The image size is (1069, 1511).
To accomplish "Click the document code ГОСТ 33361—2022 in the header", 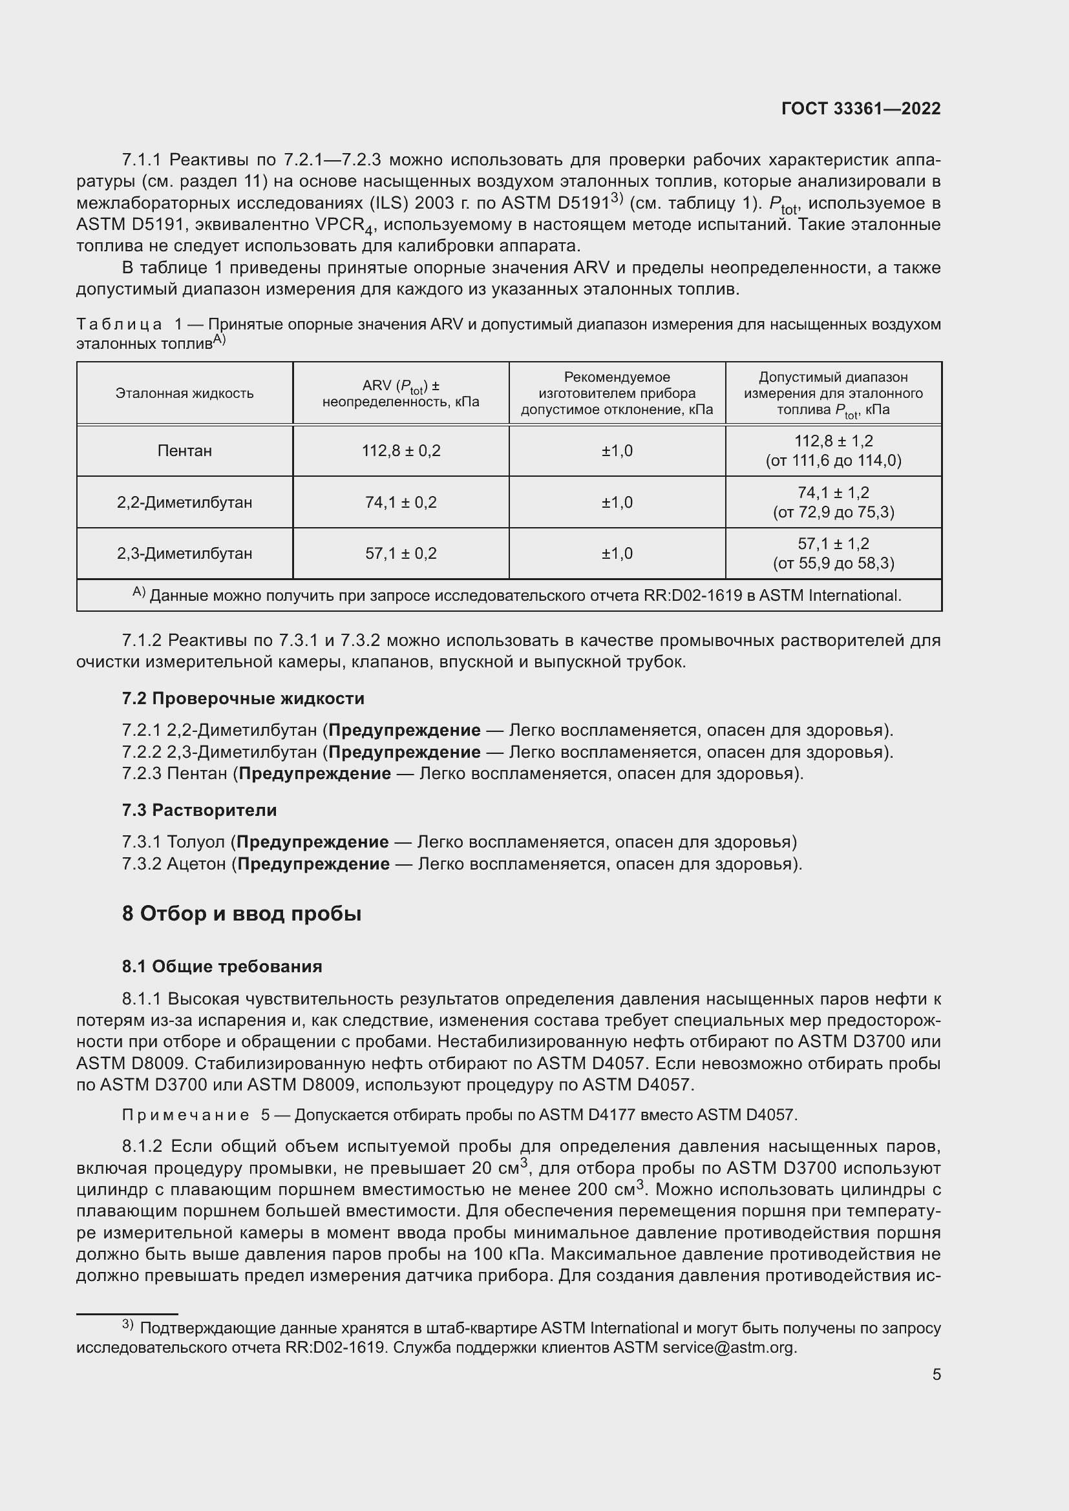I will tap(860, 109).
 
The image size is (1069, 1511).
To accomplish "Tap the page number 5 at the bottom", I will tap(936, 1374).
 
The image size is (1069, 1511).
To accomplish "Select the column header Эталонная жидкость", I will tap(184, 393).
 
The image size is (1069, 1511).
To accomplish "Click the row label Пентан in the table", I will tap(184, 451).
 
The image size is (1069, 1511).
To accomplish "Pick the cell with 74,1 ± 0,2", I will tap(401, 503).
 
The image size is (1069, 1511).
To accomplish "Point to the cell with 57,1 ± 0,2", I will tap(401, 554).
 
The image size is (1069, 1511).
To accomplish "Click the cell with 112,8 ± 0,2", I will tap(401, 451).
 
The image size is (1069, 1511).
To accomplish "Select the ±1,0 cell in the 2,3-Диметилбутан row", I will tap(617, 554).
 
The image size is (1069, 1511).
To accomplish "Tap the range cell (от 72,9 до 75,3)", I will tap(833, 512).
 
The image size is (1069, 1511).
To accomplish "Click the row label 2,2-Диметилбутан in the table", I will tap(184, 503).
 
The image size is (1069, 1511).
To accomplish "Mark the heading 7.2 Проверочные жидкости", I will tap(243, 698).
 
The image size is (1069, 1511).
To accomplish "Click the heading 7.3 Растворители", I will tap(199, 810).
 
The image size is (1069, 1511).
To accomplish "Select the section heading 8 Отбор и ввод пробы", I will tap(242, 913).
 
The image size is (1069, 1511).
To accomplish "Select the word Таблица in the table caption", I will tap(119, 324).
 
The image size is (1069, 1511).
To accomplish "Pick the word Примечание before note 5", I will tap(185, 1115).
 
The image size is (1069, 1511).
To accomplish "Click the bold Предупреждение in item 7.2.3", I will tap(315, 773).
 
